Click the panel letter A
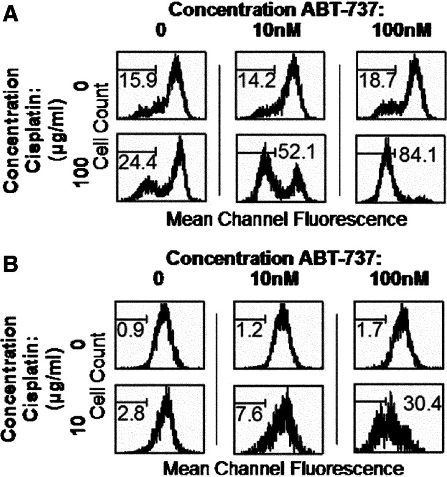pyautogui.click(x=10, y=13)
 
